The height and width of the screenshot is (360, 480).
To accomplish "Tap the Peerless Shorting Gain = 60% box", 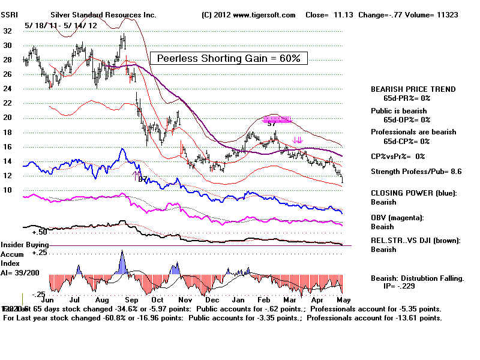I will [x=229, y=58].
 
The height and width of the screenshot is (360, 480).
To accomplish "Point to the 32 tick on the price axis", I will [x=7, y=31].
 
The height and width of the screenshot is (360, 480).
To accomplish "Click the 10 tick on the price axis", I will [x=7, y=190].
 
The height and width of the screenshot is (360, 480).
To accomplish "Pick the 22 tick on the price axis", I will [x=7, y=103].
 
